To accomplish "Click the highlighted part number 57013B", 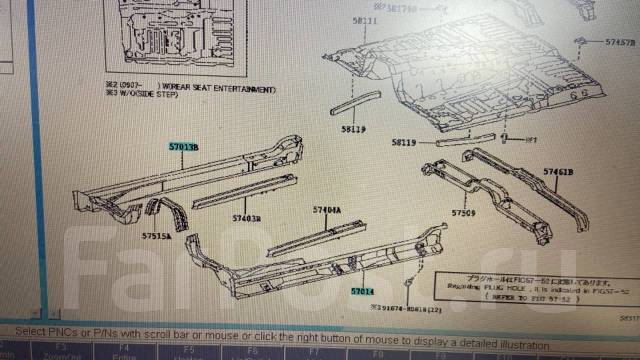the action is (182, 147).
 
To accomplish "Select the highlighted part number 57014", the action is (361, 291).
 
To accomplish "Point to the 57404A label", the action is (326, 211).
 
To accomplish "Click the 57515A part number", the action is (156, 238).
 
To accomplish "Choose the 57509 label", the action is (463, 213).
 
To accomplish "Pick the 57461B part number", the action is (558, 173).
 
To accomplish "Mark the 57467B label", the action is (620, 44).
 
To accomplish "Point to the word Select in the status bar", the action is (30, 331).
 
